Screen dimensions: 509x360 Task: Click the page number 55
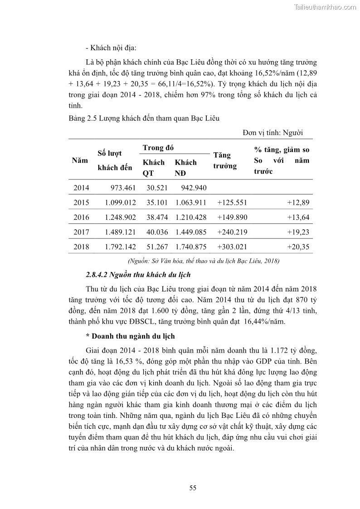pyautogui.click(x=192, y=488)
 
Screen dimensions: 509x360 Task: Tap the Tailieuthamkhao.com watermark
pyautogui.click(x=326, y=7)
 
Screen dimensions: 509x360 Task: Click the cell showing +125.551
pyautogui.click(x=232, y=203)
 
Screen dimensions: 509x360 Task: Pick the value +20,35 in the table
pyautogui.click(x=298, y=247)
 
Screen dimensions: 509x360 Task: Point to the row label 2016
pyautogui.click(x=81, y=218)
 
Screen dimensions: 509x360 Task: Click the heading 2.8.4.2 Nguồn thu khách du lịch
pyautogui.click(x=138, y=275)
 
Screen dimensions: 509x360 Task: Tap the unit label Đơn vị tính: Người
pyautogui.click(x=272, y=132)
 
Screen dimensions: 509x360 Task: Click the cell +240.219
pyautogui.click(x=232, y=232)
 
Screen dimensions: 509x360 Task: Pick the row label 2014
pyautogui.click(x=81, y=188)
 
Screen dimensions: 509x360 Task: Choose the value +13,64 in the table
pyautogui.click(x=298, y=218)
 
